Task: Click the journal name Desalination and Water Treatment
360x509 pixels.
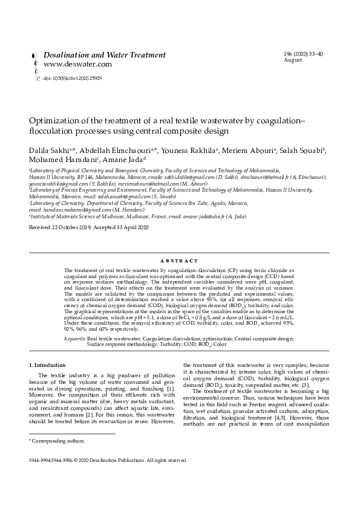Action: pyautogui.click(x=104, y=55)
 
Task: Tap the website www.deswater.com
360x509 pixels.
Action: pyautogui.click(x=77, y=64)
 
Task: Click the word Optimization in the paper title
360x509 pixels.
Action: pyautogui.click(x=55, y=121)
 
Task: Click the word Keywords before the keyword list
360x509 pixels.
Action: pyautogui.click(x=75, y=340)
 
